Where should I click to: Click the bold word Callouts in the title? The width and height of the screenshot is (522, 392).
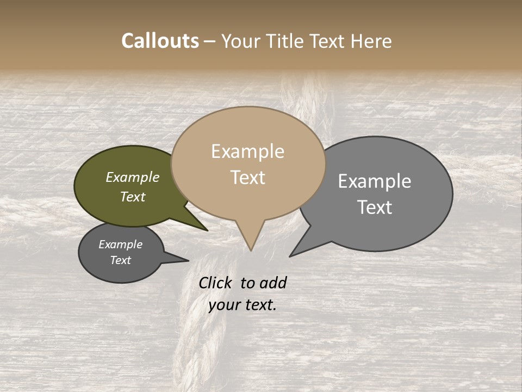(160, 41)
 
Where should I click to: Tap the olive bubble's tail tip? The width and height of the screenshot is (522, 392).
(207, 230)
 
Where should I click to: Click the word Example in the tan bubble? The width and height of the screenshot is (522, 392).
(247, 151)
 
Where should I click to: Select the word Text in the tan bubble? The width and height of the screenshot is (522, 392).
(248, 177)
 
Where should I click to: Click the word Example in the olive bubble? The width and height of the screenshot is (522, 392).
(133, 177)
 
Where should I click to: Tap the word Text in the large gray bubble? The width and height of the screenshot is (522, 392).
(375, 207)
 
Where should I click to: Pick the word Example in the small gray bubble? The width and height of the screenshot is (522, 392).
(120, 244)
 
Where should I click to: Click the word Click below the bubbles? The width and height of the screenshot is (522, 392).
(216, 283)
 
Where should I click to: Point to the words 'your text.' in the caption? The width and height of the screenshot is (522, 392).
(243, 305)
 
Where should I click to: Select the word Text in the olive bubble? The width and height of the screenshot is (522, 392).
(133, 197)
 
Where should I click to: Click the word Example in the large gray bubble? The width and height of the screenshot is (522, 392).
(375, 181)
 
